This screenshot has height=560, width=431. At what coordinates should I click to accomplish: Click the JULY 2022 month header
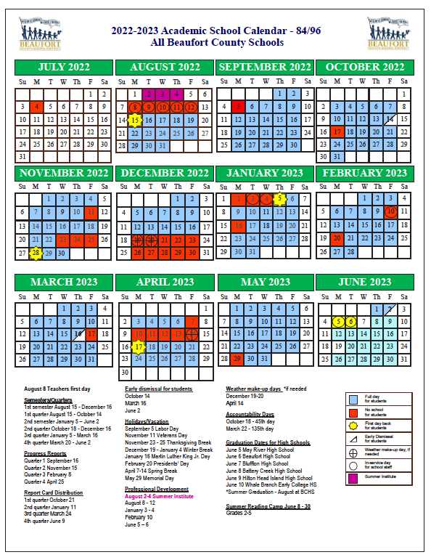[x=65, y=68]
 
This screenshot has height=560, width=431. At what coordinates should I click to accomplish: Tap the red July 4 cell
[x=36, y=107]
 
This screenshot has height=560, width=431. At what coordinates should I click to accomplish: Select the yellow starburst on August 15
[x=134, y=121]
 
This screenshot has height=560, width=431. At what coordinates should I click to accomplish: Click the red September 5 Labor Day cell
[x=239, y=107]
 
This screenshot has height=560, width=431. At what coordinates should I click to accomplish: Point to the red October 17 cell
[x=337, y=133]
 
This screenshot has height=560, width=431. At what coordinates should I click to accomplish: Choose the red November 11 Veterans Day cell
[x=91, y=212]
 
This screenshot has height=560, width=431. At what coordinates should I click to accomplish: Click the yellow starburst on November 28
[x=36, y=253]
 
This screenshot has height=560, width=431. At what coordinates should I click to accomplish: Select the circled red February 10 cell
[x=391, y=212]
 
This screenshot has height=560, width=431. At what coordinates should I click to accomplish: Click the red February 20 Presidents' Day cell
[x=337, y=239]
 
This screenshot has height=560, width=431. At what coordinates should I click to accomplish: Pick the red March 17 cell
[x=91, y=334]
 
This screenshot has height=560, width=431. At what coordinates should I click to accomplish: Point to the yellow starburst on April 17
[x=138, y=347]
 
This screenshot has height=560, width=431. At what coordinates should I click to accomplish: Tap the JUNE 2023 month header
[x=364, y=282]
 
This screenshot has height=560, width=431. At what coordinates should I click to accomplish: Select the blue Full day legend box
[x=353, y=399]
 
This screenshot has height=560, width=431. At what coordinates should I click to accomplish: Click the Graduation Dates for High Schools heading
[x=268, y=442]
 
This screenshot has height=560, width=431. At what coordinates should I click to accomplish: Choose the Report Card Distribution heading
[x=53, y=491]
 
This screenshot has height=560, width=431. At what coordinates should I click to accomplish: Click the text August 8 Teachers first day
[x=57, y=389]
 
